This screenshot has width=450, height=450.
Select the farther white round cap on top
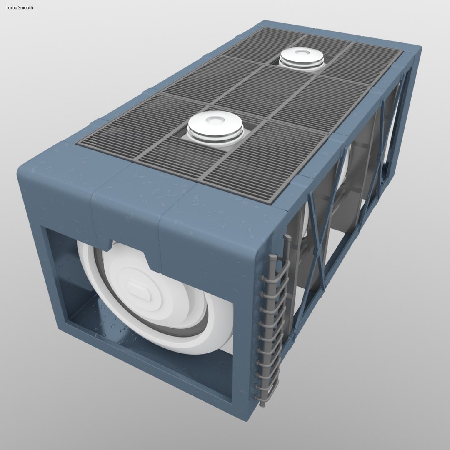click(302, 58)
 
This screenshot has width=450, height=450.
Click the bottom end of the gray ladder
click(262, 403)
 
